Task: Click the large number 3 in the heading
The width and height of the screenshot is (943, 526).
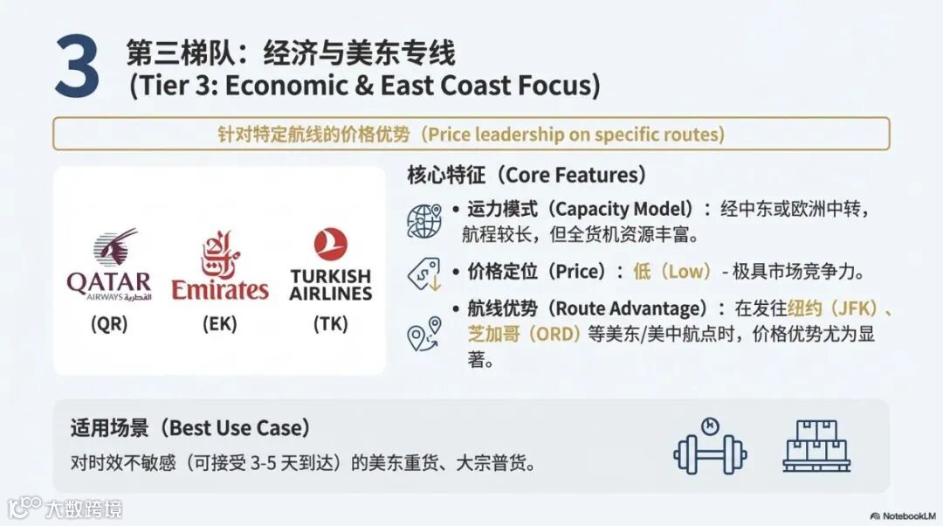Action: tap(77, 66)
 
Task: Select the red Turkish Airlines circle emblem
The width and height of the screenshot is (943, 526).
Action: tap(330, 245)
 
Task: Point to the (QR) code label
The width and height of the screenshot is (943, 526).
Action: tap(109, 324)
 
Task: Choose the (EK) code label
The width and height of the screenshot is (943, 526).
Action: tap(219, 324)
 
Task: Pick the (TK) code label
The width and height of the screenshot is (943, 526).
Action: tap(330, 324)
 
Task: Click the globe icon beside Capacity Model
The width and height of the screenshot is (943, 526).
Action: tap(424, 221)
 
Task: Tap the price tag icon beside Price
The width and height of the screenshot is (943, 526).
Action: tap(424, 274)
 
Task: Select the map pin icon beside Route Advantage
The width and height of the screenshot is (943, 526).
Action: tap(424, 334)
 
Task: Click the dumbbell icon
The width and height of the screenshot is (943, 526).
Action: tap(710, 446)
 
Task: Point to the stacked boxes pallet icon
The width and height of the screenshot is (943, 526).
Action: tap(816, 446)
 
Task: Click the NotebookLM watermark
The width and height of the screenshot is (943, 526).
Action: tap(902, 516)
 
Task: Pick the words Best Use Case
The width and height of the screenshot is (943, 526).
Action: tap(238, 428)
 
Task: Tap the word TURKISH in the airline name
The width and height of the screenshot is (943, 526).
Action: tap(330, 276)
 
